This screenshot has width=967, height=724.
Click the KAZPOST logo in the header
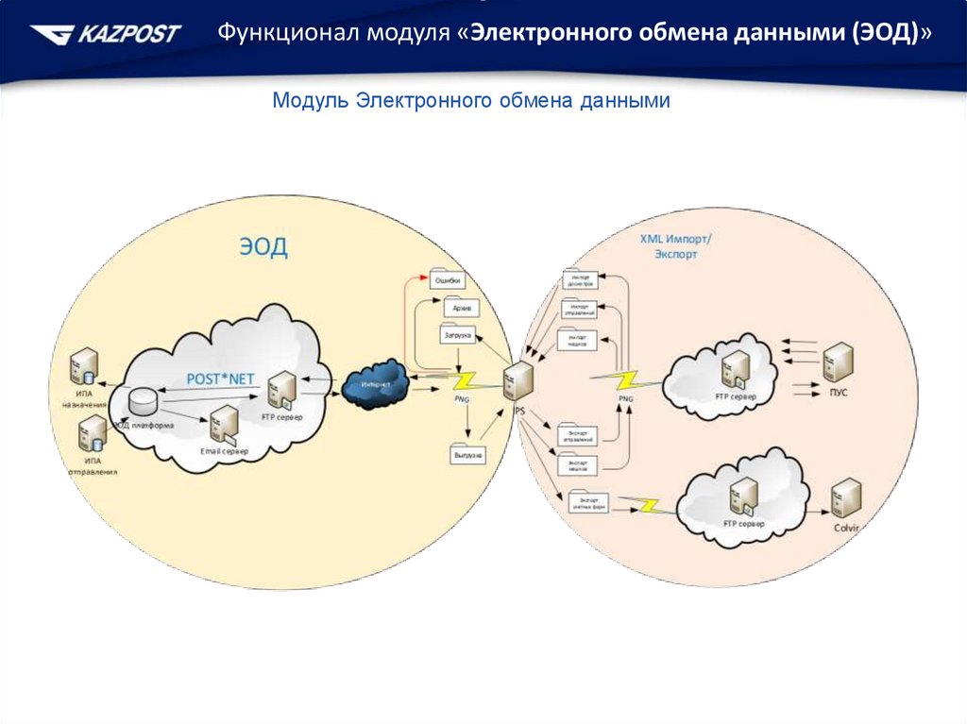105,35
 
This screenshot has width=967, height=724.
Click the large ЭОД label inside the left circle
262,247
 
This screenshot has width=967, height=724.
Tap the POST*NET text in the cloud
220,379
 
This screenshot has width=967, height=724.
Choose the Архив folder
461,307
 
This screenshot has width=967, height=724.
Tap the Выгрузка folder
467,453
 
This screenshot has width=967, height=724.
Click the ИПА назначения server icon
85,366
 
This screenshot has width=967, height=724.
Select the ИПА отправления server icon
93,435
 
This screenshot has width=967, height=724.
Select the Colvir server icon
845,497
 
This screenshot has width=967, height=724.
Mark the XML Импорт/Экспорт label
675,247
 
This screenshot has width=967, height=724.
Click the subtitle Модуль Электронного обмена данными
471,101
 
